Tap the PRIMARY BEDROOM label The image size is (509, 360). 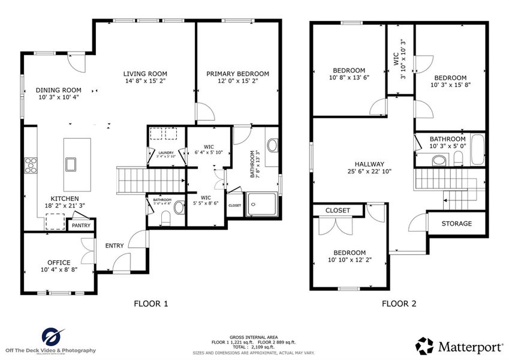click(238, 74)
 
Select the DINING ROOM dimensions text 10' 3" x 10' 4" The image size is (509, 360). click(58, 97)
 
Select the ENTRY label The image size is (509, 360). click(115, 246)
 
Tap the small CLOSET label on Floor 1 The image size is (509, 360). click(234, 205)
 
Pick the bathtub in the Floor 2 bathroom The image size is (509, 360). click(477, 151)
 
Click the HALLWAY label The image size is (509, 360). click(369, 164)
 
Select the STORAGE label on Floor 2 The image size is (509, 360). click(456, 224)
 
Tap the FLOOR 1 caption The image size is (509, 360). click(150, 304)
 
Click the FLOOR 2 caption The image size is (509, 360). click(399, 304)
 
